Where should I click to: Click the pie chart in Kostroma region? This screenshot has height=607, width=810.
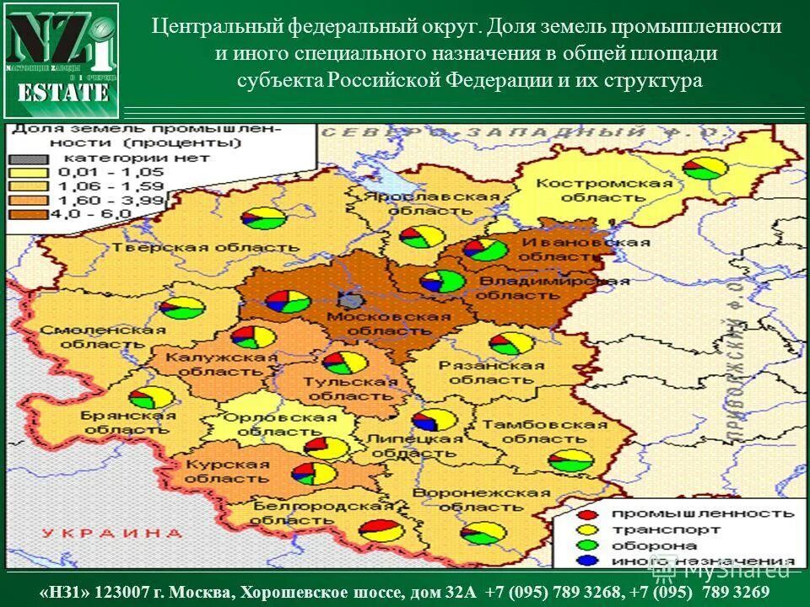[705, 168]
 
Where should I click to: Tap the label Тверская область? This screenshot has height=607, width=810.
[205, 248]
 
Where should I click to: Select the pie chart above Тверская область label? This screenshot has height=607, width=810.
[264, 219]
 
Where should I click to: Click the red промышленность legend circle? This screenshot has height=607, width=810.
[588, 513]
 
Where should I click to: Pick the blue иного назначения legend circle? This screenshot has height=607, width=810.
[588, 561]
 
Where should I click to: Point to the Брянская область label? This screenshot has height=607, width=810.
[128, 422]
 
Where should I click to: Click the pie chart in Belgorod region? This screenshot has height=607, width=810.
[381, 531]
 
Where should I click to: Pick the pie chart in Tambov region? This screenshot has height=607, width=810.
[571, 460]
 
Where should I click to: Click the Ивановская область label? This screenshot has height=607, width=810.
[585, 250]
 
